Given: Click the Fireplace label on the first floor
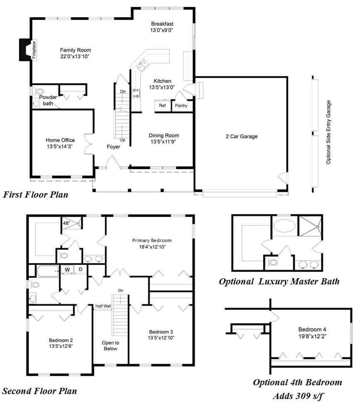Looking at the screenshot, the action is pos(34,50).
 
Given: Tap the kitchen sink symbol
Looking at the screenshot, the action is pos(142,66).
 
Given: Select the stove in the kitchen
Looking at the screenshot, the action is pos(136,93).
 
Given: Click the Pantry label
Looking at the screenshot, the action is pos(181,105).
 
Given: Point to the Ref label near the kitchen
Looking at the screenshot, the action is pos(162,105).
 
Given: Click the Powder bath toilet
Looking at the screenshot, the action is pos(39,91).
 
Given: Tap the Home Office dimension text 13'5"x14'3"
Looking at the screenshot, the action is pos(59,147).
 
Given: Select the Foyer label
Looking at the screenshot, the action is pos(113,147).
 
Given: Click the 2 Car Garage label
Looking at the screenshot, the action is pos(242,137).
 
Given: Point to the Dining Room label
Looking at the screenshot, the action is pos(164,135).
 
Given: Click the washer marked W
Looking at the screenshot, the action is pos(67,269).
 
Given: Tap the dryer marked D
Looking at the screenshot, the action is pos(81,269).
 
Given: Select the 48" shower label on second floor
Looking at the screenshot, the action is pos(67,223).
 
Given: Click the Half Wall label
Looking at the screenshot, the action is pos(103,306).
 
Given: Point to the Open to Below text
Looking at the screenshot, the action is pos(111,345).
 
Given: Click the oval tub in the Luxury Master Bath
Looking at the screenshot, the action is pos(285,226).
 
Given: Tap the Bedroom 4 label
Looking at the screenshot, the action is pos(312,329).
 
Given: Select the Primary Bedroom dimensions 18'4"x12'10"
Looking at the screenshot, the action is pos(152,247).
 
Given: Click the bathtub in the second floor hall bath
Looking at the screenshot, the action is pos(48,272).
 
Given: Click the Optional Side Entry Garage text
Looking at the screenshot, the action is pos(328,132).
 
